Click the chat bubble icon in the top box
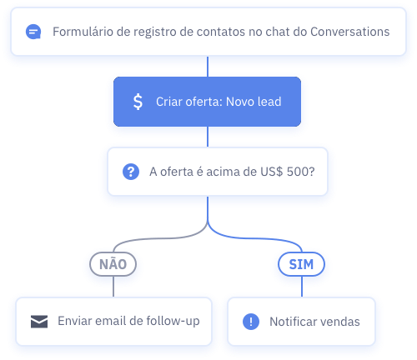coord(33,32)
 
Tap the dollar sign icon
coord(138,102)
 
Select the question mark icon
coord(131,172)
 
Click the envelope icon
coord(39,322)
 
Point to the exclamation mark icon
coord(251,322)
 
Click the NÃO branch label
coord(113,264)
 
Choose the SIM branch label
coord(301,264)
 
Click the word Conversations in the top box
coord(349,32)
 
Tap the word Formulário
coord(83,32)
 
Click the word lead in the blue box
coord(269,102)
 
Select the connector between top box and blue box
coord(208,67)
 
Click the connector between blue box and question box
coord(208,137)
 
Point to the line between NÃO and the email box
coord(113,287)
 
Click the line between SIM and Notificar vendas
coord(302,287)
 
